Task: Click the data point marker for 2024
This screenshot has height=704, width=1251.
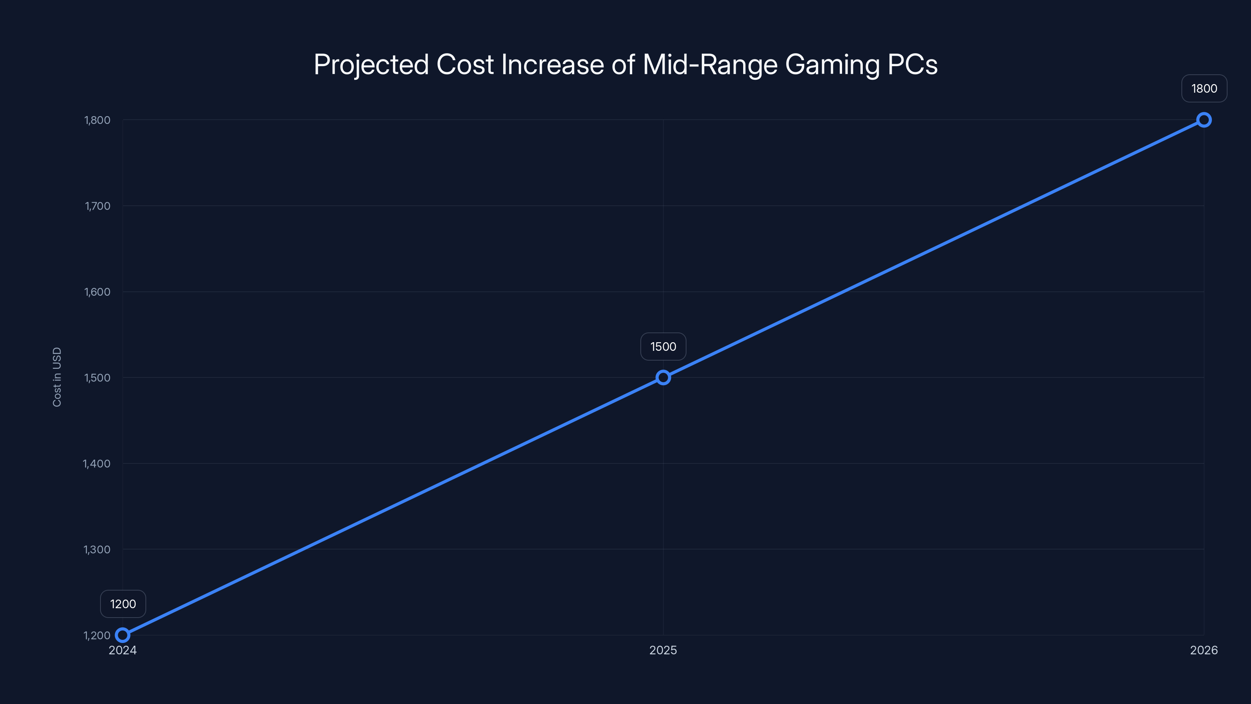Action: [122, 635]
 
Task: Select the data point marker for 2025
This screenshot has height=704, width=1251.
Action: [663, 377]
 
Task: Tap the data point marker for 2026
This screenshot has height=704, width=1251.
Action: [1204, 120]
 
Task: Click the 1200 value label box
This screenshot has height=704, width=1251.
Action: [123, 604]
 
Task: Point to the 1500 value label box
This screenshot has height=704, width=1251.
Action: [663, 347]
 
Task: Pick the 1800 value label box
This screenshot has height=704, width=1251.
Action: [1204, 88]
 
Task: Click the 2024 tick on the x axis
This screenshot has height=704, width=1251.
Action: [122, 650]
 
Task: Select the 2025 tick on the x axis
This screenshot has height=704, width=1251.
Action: [663, 650]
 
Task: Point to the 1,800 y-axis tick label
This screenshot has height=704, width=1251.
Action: [97, 120]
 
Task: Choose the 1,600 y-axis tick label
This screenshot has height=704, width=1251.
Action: [97, 292]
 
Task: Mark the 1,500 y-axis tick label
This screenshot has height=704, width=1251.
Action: [97, 377]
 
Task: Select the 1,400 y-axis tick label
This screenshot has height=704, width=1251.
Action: [97, 463]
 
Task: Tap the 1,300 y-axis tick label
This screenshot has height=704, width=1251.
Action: [97, 550]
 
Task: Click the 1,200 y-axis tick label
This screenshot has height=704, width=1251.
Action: [97, 636]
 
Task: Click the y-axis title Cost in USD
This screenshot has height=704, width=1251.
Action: [57, 377]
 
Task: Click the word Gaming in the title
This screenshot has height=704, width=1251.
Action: [832, 65]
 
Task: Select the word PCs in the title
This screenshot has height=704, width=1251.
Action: [912, 65]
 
